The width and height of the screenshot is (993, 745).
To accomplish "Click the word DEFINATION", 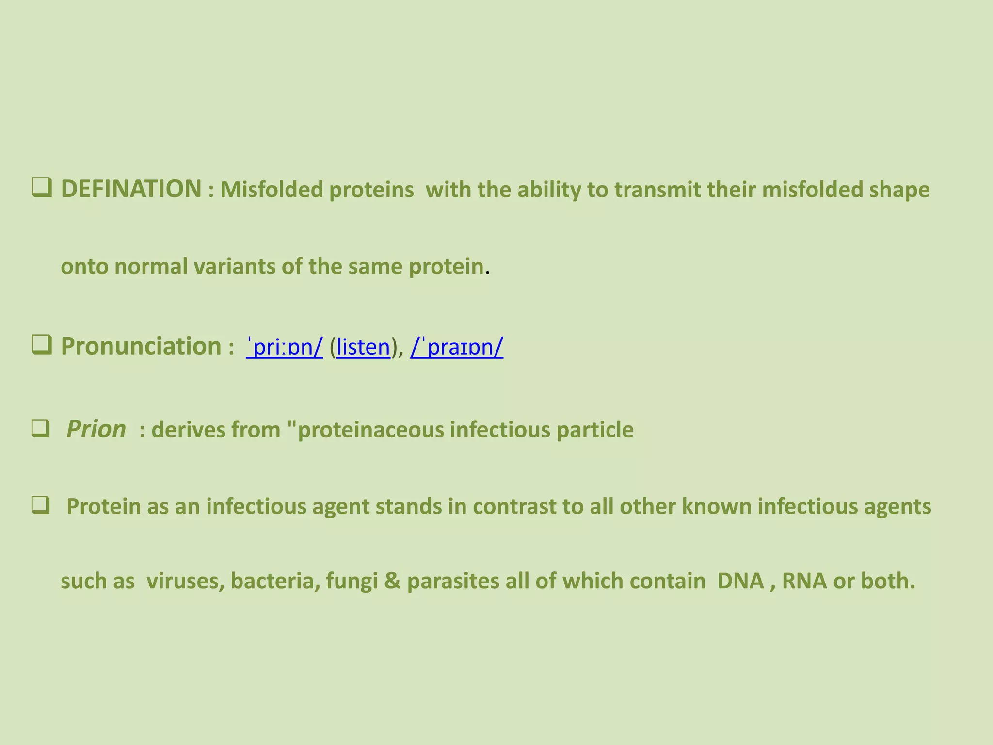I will pos(131,189).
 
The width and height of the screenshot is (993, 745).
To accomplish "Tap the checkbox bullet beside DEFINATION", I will pos(42,188).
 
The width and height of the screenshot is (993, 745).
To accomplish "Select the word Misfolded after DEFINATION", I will pos(272,190).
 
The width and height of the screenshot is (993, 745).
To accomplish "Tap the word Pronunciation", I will pos(141,346).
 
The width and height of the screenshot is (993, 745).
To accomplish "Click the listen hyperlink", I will pos(363,347).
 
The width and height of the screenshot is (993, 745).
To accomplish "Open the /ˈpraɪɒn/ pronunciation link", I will pos(457,347).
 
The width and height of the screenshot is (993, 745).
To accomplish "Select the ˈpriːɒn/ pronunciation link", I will pos(285,347).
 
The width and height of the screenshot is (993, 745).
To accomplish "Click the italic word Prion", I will pos(96,429).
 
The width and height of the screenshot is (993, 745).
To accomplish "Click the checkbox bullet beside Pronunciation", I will pos(42,345).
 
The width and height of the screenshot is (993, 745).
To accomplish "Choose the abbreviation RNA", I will pos(804,581).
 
